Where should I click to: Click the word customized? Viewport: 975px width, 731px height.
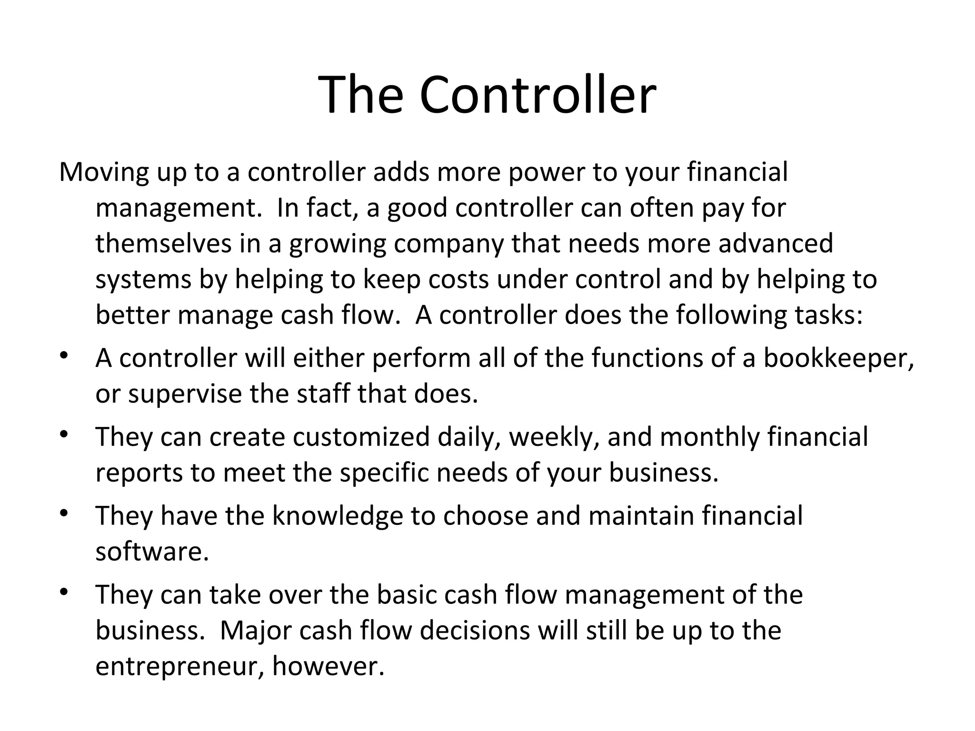point(361,437)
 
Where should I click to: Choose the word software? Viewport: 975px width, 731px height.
point(152,552)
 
